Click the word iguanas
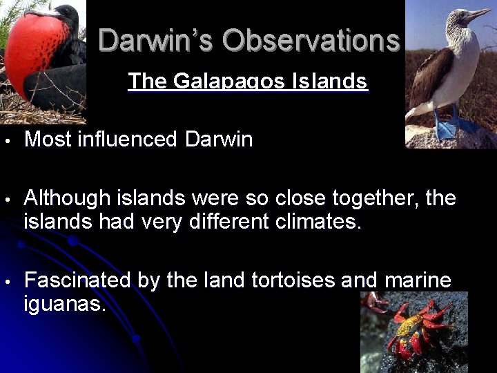click(65, 304)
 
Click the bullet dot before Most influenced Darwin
click(6, 141)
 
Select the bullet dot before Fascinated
click(6, 282)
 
